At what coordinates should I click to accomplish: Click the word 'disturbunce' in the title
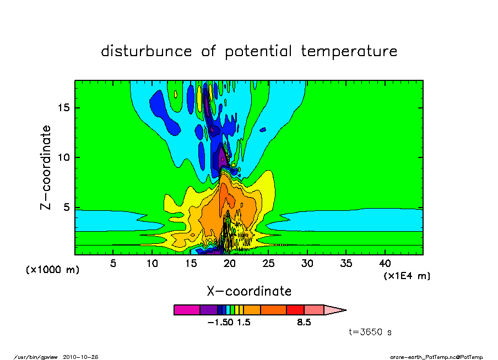tap(147, 51)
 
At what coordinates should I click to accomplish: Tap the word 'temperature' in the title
tap(349, 51)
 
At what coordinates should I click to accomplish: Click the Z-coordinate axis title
tap(46, 167)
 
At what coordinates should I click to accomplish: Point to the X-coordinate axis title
tap(249, 291)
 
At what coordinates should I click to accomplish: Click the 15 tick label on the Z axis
tap(63, 108)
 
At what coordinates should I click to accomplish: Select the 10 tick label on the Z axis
tap(63, 157)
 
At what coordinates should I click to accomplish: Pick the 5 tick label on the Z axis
tap(66, 208)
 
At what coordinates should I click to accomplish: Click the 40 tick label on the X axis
tap(385, 263)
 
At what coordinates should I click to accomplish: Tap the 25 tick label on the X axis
tap(268, 263)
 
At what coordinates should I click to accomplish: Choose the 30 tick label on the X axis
tap(307, 263)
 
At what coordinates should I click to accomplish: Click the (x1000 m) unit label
tap(52, 270)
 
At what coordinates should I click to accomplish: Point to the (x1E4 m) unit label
tap(407, 276)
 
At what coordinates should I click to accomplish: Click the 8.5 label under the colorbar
tap(304, 323)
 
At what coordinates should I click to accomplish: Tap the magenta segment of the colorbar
tap(187, 310)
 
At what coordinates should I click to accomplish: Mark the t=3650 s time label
tap(370, 332)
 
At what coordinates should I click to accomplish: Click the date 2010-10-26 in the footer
tap(80, 357)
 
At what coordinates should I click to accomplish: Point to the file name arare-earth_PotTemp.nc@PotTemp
tap(436, 357)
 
